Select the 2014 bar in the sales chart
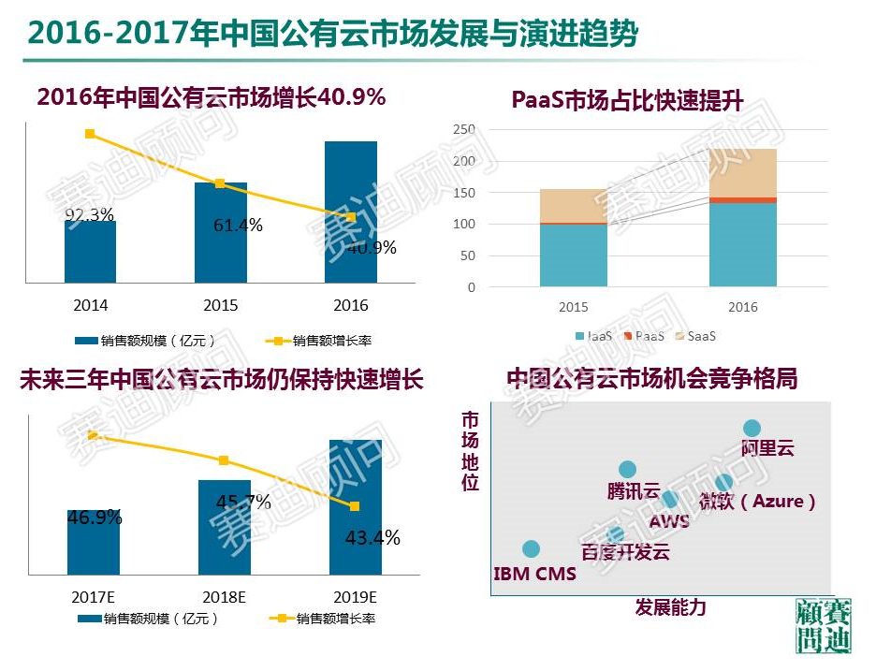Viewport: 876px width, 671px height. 91,252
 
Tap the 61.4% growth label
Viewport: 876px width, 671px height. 238,226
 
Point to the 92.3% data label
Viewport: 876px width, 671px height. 90,216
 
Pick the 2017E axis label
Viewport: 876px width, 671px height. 93,596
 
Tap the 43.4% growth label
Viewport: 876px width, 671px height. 373,538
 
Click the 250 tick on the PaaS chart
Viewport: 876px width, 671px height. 463,129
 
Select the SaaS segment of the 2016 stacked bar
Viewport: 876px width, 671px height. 743,172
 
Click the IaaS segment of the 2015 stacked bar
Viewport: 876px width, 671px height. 574,255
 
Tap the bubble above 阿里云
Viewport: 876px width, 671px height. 752,428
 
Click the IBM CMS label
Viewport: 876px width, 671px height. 534,574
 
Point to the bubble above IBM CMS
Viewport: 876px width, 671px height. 532,549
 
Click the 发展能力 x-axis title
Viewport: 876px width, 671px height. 670,607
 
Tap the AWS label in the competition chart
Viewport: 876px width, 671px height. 668,521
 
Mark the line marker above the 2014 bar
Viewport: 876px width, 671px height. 90,134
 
